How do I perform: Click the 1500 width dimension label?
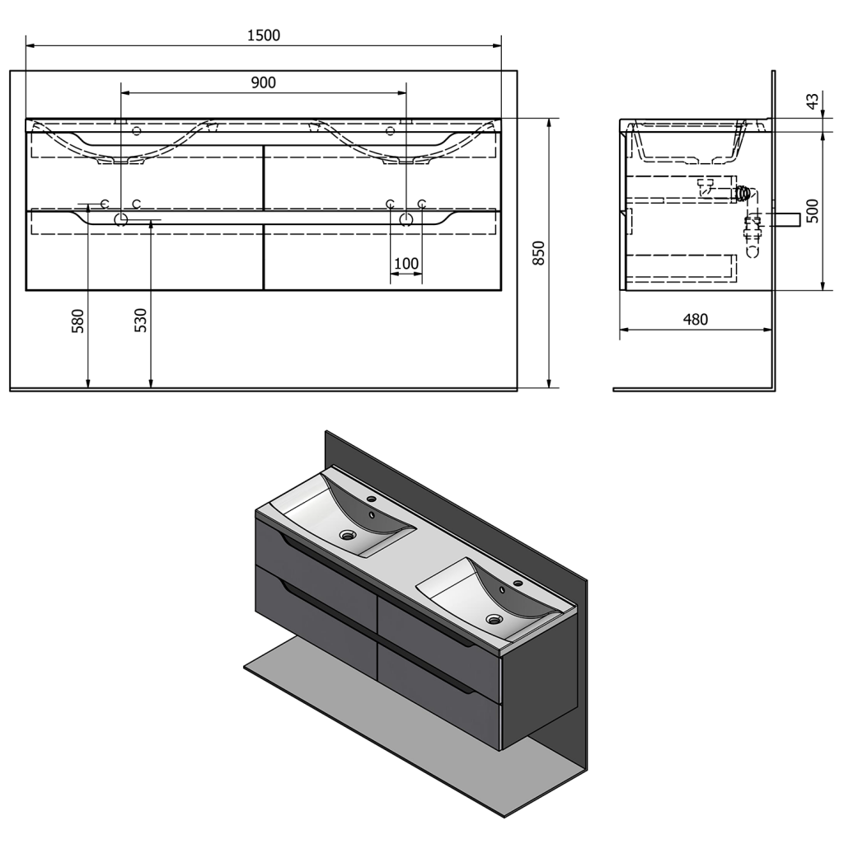[264, 35]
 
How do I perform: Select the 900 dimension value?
[263, 82]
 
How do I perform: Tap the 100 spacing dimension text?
[406, 264]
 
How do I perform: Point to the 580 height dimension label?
[78, 321]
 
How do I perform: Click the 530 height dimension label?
[140, 321]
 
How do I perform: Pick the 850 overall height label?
[539, 253]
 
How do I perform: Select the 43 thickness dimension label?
[813, 101]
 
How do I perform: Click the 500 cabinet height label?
[813, 211]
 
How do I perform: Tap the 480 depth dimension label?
[696, 319]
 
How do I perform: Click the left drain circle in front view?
[121, 219]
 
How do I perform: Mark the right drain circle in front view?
[406, 219]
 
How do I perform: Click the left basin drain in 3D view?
[347, 534]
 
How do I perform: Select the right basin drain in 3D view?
[494, 619]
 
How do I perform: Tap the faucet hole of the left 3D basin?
[371, 499]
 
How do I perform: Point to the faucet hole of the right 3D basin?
[519, 583]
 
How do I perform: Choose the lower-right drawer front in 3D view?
[439, 694]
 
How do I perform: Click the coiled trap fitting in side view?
[743, 193]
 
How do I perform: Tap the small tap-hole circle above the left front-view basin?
[136, 130]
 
